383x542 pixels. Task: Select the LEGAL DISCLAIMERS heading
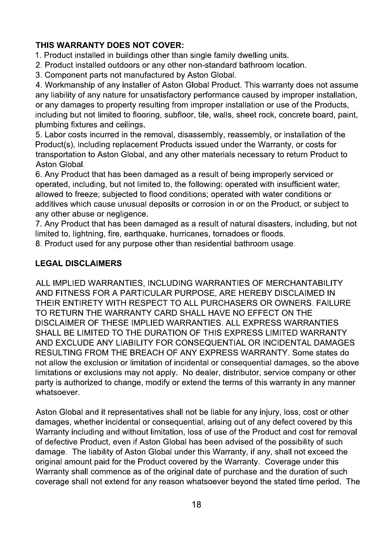[x=79, y=263]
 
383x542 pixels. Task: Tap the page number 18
[x=196, y=504]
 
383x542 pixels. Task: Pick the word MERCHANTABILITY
[x=304, y=283]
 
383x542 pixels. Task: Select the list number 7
[x=38, y=224]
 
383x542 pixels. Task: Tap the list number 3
[x=38, y=75]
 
